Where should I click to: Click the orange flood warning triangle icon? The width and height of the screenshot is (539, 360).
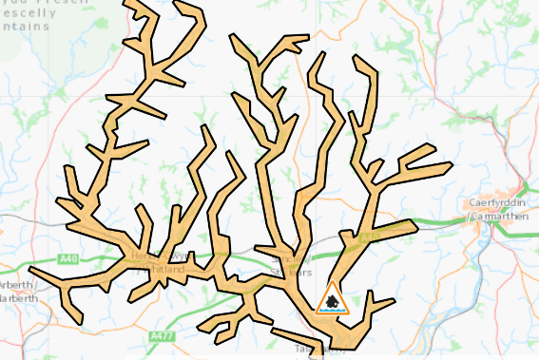click(x=333, y=299)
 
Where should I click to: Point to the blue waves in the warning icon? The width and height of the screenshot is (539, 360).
click(x=333, y=309)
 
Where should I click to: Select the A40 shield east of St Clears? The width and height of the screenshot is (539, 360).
click(x=371, y=237)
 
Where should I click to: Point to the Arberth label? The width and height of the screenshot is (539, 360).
click(x=17, y=285)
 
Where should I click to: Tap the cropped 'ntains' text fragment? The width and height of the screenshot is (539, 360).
click(x=23, y=28)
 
